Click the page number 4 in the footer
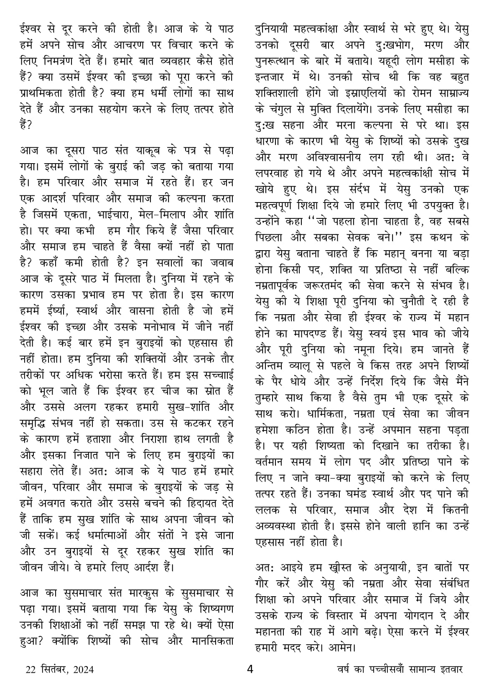(x=250, y=669)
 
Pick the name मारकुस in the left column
(x=159, y=593)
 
